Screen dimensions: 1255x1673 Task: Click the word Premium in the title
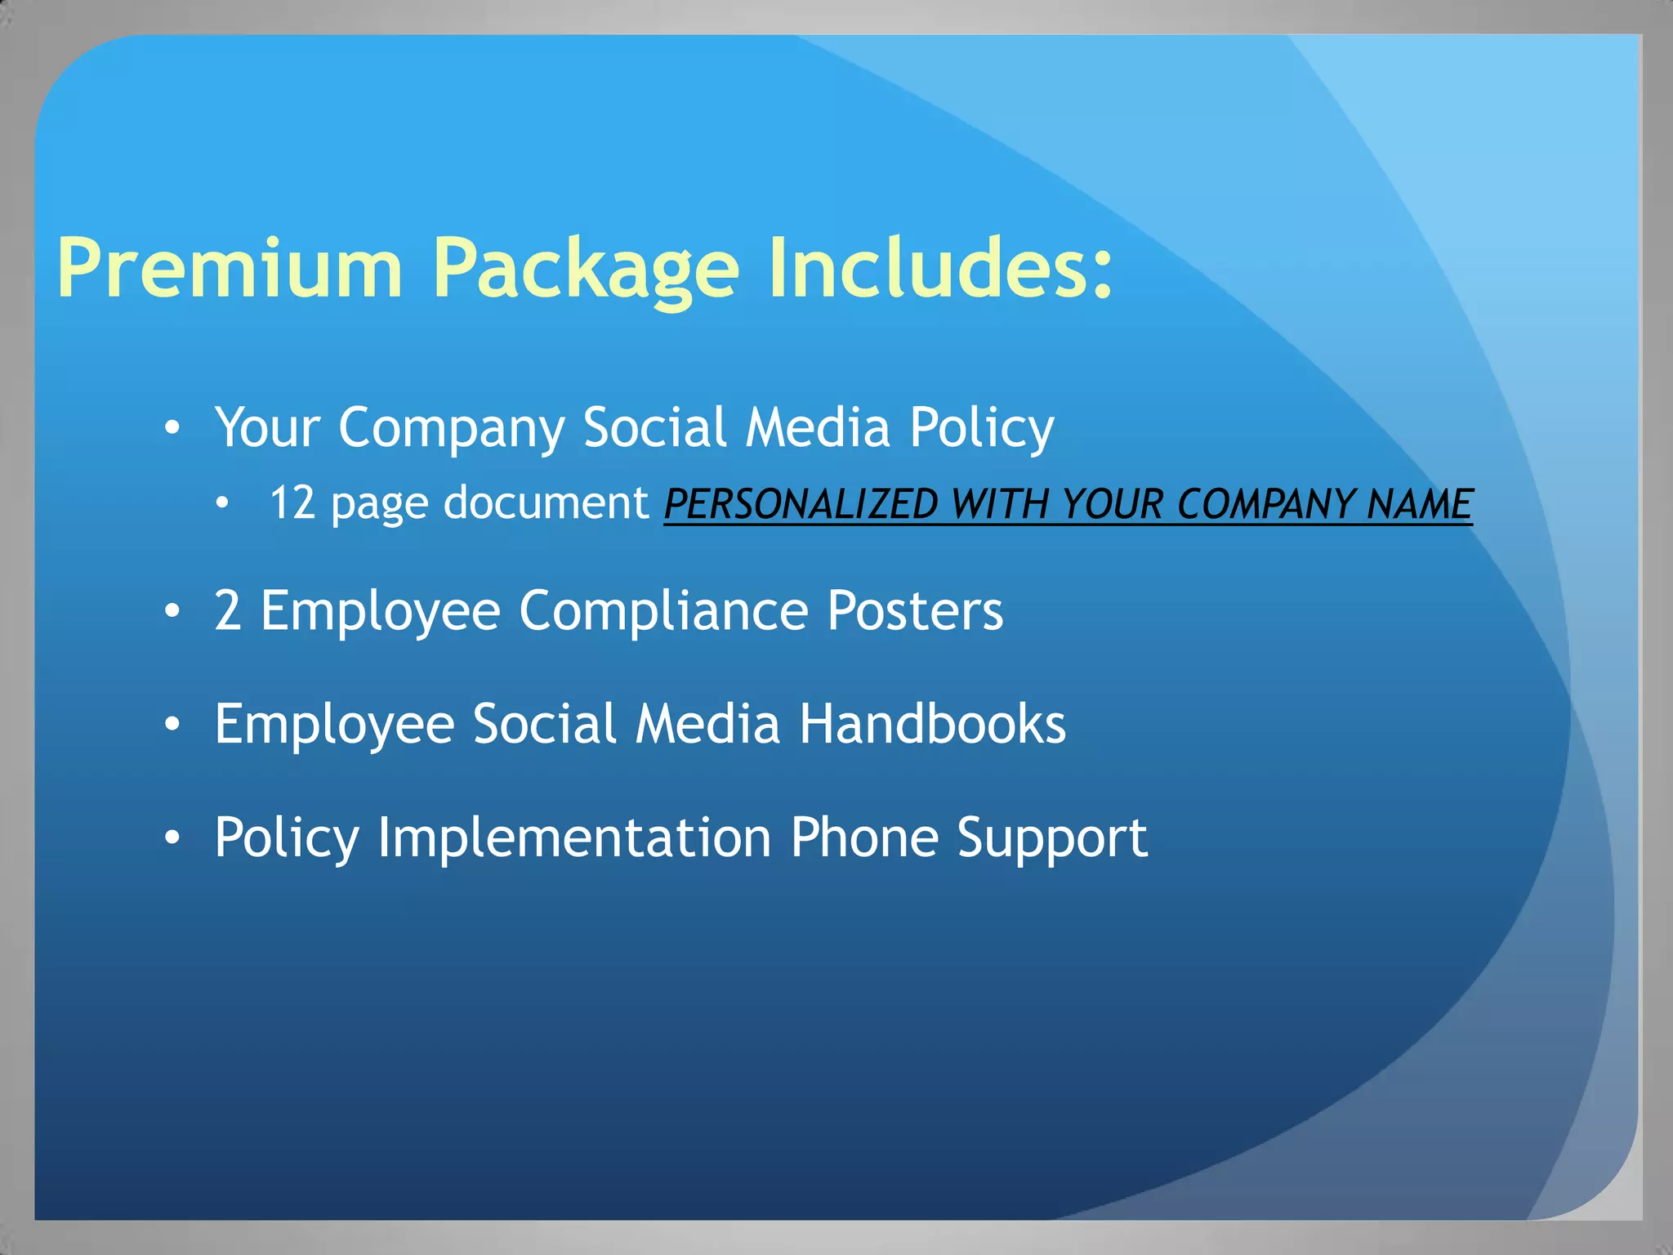pos(230,268)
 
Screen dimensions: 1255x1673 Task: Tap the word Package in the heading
pos(586,270)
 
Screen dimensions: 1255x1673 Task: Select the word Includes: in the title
pos(940,268)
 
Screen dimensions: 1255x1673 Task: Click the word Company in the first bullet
pos(451,428)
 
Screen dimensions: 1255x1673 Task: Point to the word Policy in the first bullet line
pos(981,428)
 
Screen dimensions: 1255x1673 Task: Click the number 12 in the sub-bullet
pos(292,502)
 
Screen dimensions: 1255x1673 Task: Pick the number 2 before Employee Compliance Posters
pos(228,610)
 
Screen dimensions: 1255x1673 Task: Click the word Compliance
pos(663,611)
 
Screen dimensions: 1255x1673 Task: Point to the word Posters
pos(915,610)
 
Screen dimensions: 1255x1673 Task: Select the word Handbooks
pos(932,724)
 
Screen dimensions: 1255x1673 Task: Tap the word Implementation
pos(574,837)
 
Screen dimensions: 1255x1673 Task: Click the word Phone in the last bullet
pos(864,837)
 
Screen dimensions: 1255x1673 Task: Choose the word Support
pos(1052,839)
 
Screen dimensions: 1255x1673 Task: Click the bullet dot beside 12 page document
pos(222,504)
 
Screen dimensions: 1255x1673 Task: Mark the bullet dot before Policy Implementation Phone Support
pos(172,838)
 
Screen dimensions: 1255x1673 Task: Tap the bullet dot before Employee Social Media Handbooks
pos(172,725)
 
